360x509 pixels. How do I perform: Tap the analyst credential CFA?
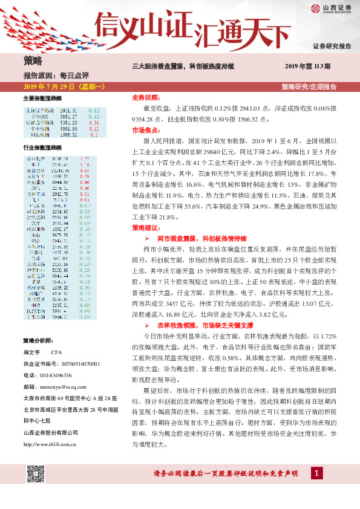point(57,352)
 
